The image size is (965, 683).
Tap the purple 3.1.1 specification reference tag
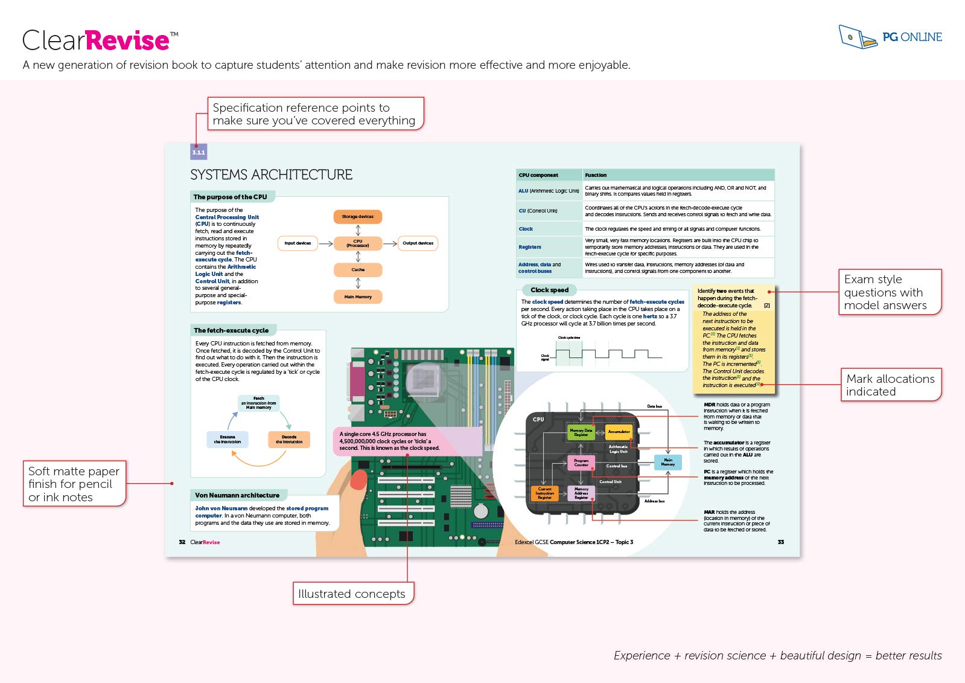[x=199, y=152]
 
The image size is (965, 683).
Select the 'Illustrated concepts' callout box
[x=352, y=594]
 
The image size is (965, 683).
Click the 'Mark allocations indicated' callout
[x=890, y=385]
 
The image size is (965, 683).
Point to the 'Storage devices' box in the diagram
[x=358, y=216]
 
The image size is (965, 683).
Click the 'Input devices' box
[x=298, y=243]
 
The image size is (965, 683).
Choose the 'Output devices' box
[x=418, y=243]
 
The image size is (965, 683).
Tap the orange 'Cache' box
[x=358, y=269]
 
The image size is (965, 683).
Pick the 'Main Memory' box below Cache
[x=358, y=297]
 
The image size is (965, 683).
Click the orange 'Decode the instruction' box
[x=289, y=440]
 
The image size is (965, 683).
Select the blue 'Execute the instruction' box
[x=227, y=439]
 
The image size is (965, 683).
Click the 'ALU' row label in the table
[x=523, y=191]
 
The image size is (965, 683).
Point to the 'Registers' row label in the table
[x=530, y=247]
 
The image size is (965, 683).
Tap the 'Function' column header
[x=596, y=175]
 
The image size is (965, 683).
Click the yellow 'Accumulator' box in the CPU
[x=619, y=432]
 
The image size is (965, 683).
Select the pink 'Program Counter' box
[x=581, y=463]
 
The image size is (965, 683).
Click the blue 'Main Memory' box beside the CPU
[x=668, y=462]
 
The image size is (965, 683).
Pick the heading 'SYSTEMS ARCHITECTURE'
[x=272, y=175]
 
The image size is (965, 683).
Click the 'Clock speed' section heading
[x=549, y=290]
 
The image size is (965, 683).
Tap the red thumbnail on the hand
[x=358, y=480]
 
